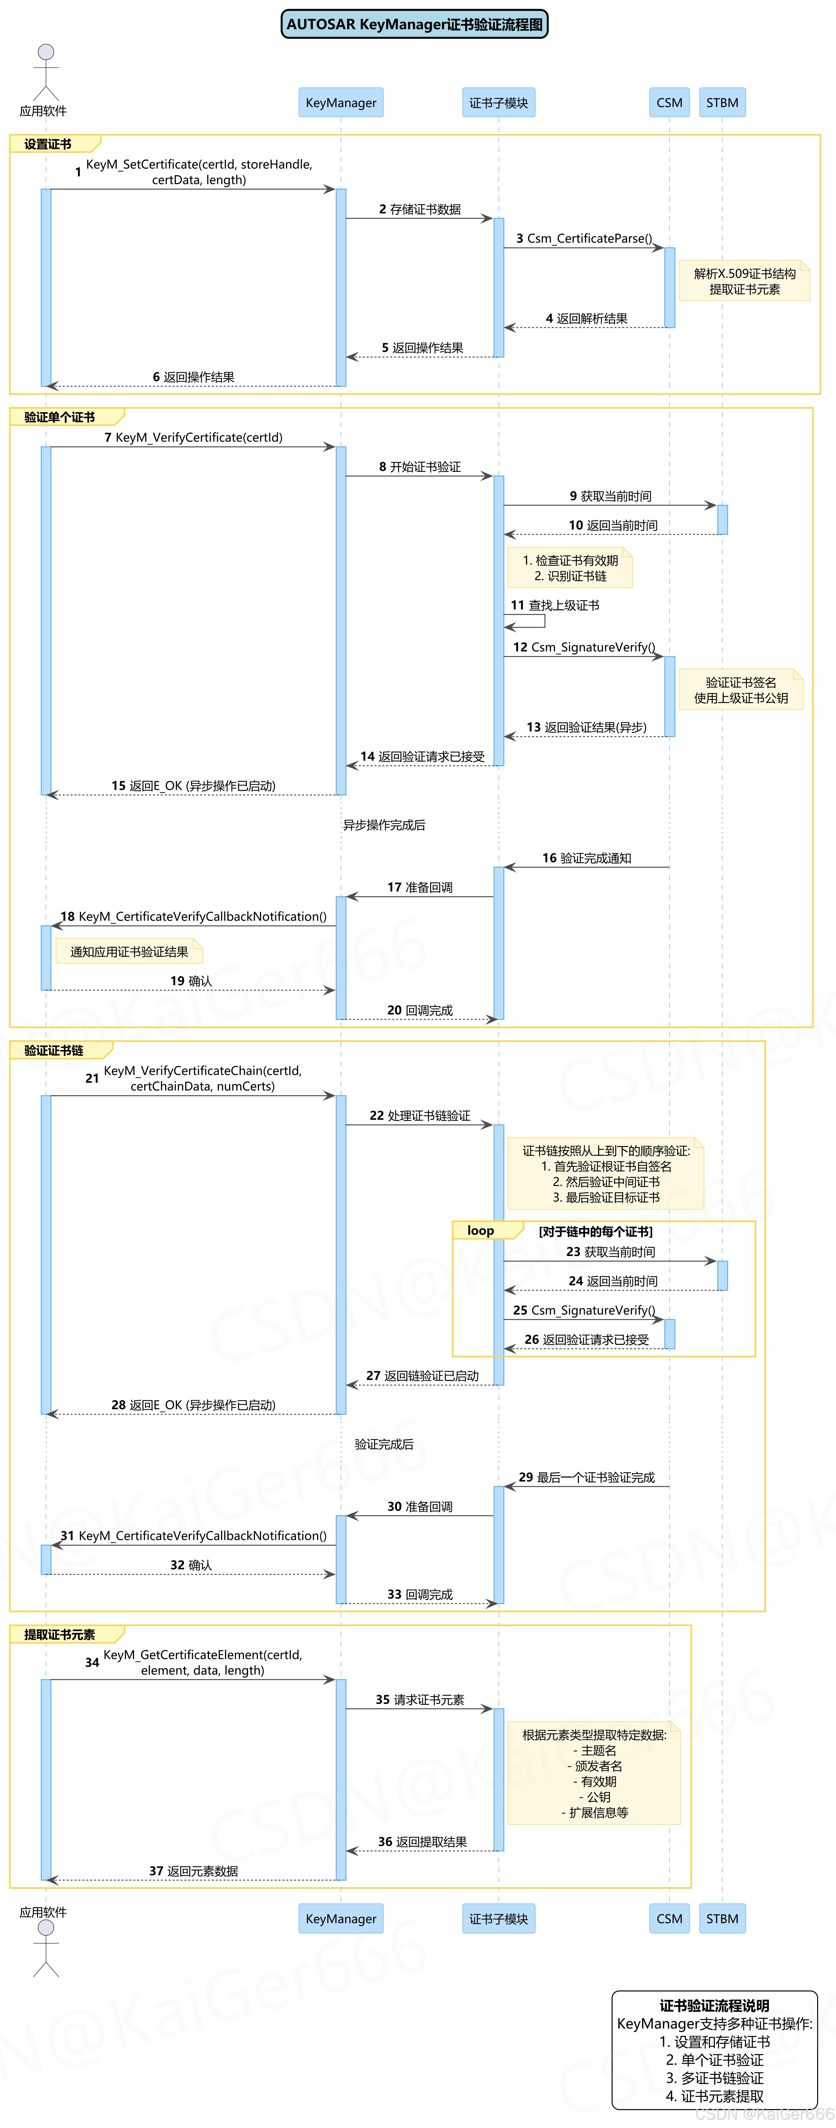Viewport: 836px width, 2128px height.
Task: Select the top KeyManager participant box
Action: click(340, 102)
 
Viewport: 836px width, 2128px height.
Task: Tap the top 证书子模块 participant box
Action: click(498, 102)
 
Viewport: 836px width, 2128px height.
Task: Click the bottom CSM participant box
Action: click(669, 1918)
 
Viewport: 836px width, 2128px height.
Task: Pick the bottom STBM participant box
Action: click(722, 1918)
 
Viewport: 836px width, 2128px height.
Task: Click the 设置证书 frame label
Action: click(48, 144)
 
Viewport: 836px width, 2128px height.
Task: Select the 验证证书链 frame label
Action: click(54, 1050)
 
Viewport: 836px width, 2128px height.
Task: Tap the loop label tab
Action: click(481, 1230)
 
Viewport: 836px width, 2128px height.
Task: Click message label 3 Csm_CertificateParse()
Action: click(584, 238)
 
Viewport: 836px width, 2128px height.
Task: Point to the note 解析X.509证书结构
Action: click(744, 281)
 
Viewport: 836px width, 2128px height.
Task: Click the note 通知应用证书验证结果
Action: click(129, 952)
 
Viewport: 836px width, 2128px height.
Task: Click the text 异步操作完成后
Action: click(384, 824)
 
